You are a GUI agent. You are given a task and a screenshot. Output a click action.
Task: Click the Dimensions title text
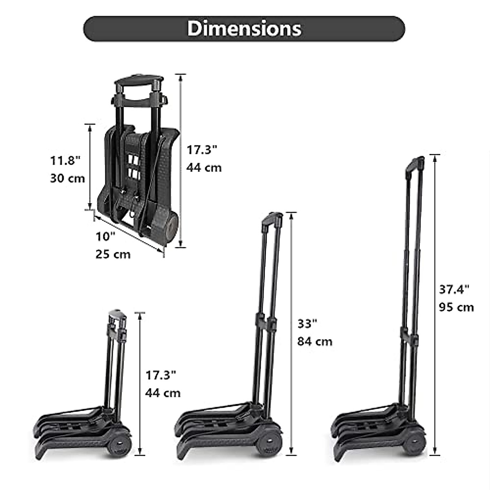244,29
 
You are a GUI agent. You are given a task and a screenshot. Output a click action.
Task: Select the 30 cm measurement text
67,178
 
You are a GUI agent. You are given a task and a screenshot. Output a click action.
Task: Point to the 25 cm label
113,254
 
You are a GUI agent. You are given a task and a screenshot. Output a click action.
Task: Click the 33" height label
307,323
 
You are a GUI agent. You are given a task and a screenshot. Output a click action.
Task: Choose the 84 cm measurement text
314,341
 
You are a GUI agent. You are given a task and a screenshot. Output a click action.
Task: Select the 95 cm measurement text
457,307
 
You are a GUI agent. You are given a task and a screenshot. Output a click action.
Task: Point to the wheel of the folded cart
171,229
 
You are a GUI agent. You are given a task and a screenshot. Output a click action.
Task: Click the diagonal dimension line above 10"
129,234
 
